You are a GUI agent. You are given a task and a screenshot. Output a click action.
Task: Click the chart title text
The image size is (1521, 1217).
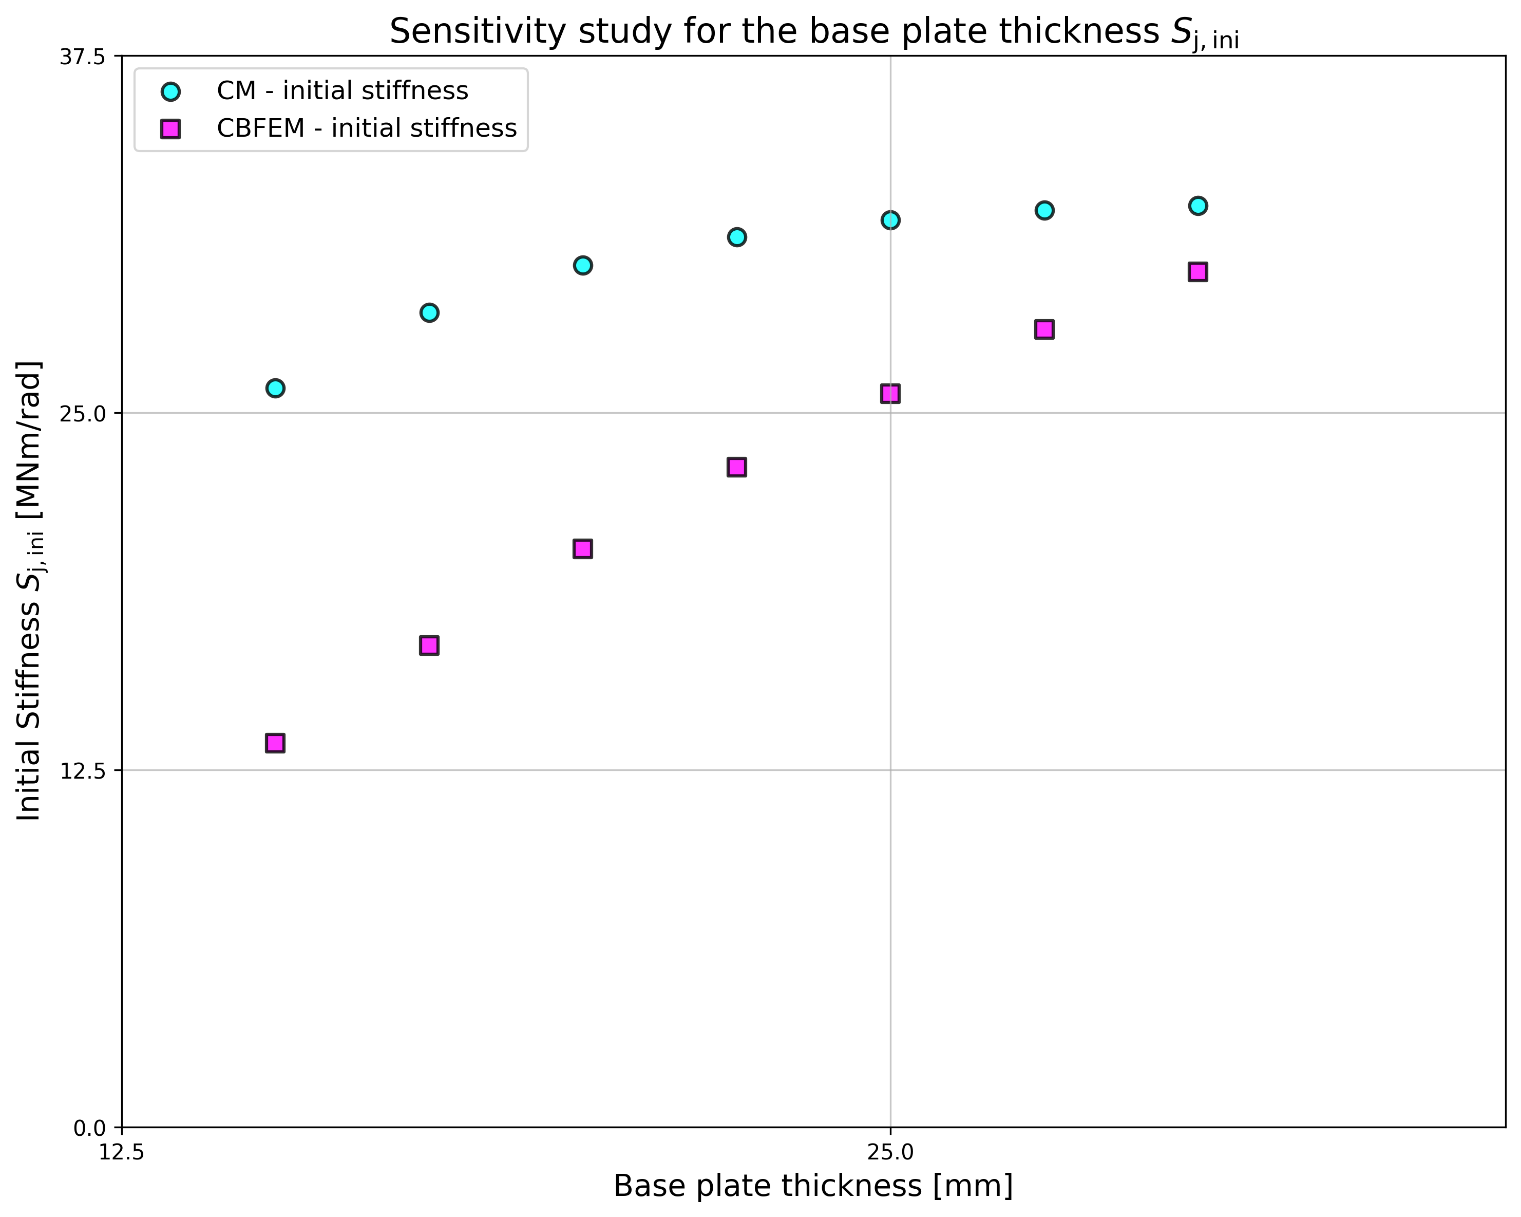pyautogui.click(x=813, y=32)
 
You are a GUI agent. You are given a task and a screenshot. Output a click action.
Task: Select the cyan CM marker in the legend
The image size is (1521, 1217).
pyautogui.click(x=170, y=92)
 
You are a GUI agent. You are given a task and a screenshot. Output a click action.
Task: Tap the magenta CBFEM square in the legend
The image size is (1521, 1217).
pyautogui.click(x=170, y=128)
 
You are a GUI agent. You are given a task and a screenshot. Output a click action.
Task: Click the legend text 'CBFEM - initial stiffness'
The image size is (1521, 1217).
pyautogui.click(x=366, y=128)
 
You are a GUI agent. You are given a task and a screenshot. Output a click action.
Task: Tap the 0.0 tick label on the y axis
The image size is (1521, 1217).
pyautogui.click(x=89, y=1128)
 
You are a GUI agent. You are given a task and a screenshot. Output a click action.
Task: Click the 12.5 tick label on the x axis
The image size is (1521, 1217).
pyautogui.click(x=121, y=1153)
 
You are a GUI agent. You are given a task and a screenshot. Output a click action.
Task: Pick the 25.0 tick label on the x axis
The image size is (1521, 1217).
pyautogui.click(x=890, y=1153)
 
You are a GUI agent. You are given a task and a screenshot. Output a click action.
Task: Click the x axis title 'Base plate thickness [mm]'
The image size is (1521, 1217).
pyautogui.click(x=813, y=1187)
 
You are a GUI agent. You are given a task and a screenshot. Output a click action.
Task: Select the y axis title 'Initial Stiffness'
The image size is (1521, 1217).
pyautogui.click(x=30, y=592)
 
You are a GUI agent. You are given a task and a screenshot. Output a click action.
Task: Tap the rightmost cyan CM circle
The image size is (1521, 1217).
pyautogui.click(x=1198, y=206)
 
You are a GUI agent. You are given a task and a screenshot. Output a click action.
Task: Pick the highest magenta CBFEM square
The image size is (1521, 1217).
pyautogui.click(x=1198, y=272)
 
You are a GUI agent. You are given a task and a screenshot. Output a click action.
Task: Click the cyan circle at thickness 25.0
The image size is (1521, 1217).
pyautogui.click(x=890, y=220)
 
